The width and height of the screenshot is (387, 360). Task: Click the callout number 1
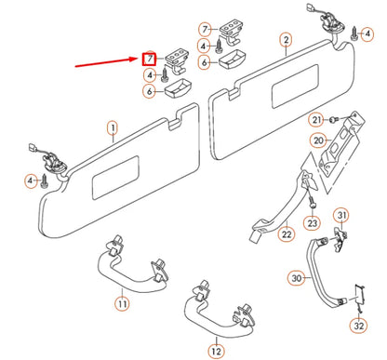coord(113,128)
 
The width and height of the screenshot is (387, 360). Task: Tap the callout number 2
coord(286,40)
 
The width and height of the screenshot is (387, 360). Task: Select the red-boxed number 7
coord(149,59)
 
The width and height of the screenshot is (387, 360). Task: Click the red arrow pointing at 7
coord(108,61)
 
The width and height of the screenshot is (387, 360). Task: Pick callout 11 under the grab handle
coord(122,303)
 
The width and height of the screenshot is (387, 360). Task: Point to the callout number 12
coord(217,351)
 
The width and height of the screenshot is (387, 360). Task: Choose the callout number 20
coord(318,140)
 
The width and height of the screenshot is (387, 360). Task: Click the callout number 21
coord(316,120)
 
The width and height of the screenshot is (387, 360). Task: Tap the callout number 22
coord(287,233)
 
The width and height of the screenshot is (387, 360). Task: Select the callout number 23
coord(313,223)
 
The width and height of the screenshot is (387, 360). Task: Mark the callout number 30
coord(297,278)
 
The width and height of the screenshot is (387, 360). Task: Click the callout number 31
coord(341,215)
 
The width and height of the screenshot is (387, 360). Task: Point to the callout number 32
coord(359,326)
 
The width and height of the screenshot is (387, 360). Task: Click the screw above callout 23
coord(313,203)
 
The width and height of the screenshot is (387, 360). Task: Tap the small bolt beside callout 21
coord(333,118)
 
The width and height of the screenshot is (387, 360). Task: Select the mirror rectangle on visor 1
coord(115,178)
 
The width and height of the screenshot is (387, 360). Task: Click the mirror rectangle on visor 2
coord(295,87)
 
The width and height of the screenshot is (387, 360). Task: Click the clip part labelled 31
coord(340,238)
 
